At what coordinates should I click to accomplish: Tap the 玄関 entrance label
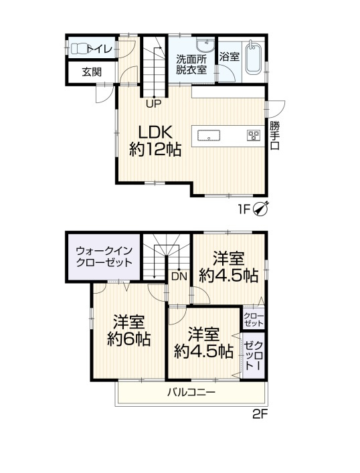coord(92,72)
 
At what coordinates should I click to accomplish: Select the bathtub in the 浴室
coord(253,58)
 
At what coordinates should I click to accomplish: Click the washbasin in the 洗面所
coord(205,46)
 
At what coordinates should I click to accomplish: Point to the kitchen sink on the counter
coord(209,135)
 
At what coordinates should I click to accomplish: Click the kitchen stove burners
coord(254,135)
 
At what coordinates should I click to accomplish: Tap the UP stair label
coord(154,104)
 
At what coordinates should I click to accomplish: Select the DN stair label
coord(179,276)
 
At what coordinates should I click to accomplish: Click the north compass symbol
coord(260,209)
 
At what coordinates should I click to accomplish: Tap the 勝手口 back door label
coord(274,135)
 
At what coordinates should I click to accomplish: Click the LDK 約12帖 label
coord(155,140)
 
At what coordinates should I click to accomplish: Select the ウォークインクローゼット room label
coord(104,257)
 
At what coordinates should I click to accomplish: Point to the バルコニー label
coord(191,393)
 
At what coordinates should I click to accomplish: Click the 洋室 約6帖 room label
coord(129,330)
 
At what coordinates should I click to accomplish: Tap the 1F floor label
coord(245,209)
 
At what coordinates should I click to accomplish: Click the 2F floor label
coord(260,415)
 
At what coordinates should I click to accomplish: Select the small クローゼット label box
coord(254,320)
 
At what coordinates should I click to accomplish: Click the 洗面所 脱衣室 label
coord(191,64)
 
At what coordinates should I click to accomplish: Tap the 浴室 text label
coord(230,56)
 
